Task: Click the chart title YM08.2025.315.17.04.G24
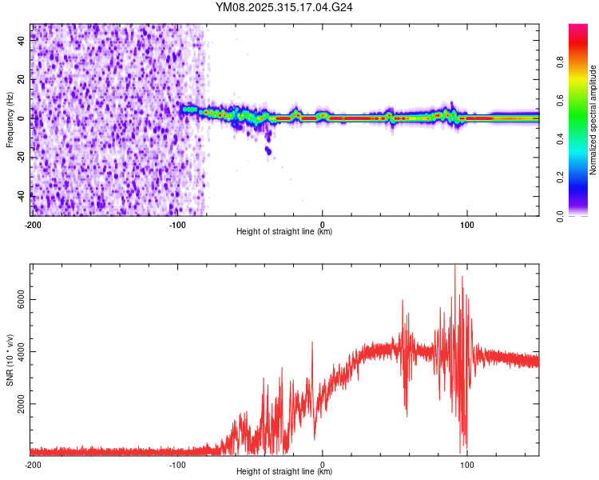[284, 7]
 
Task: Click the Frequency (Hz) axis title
[10, 119]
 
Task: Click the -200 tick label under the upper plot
[33, 223]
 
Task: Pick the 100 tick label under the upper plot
[467, 223]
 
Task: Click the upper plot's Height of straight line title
[284, 232]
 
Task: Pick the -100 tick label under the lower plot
[177, 464]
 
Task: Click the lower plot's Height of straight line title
[284, 472]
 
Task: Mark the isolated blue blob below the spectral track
[268, 150]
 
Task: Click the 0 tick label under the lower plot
[323, 464]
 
